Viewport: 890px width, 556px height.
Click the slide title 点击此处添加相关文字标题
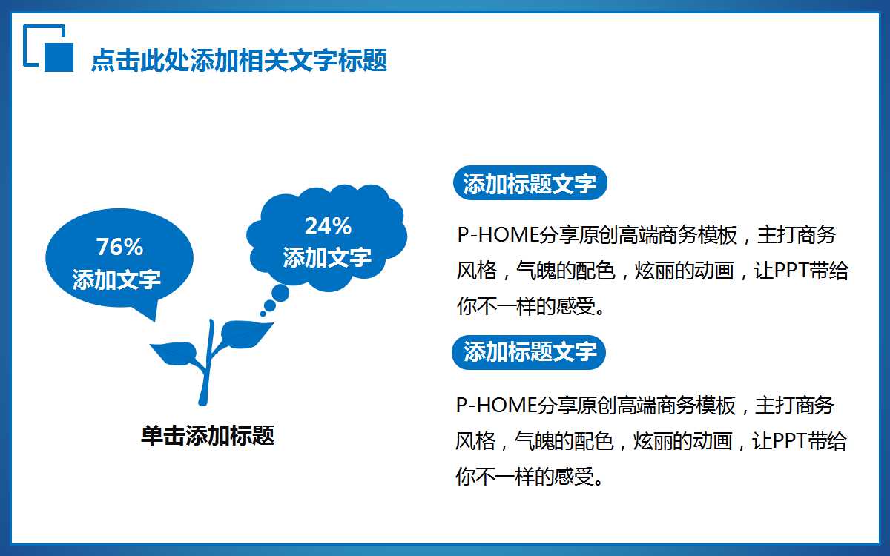(x=239, y=61)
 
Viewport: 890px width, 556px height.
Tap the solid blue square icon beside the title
(x=59, y=57)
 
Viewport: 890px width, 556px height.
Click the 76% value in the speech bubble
(x=119, y=247)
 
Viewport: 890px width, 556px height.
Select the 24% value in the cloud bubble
(x=328, y=226)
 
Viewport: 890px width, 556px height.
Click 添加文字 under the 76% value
(x=116, y=279)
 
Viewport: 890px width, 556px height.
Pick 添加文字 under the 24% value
(x=327, y=257)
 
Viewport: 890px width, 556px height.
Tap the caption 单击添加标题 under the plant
(x=208, y=435)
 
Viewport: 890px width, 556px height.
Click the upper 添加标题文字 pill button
(x=530, y=184)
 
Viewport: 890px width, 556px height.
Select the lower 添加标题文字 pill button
(x=529, y=352)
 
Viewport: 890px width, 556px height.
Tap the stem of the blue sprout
(x=206, y=378)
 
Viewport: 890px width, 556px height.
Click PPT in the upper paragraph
(x=795, y=271)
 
